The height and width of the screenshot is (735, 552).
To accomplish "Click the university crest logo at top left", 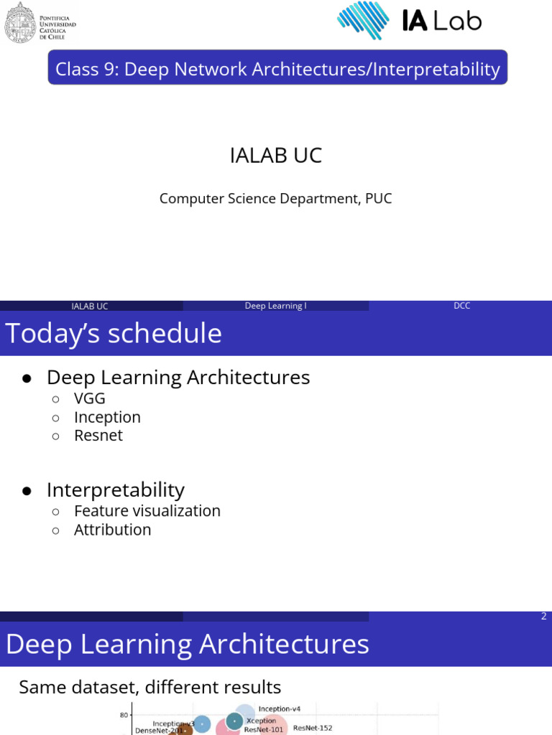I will point(19,22).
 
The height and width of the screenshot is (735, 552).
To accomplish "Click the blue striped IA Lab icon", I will point(363,21).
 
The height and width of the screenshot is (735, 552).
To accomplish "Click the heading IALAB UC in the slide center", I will point(275,155).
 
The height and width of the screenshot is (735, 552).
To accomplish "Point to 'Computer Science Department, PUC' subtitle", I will point(275,198).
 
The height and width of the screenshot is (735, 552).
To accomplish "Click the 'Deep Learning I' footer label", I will point(275,306).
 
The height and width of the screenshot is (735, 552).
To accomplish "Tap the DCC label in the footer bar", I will point(461,306).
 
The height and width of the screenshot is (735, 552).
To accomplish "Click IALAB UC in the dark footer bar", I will point(90,306).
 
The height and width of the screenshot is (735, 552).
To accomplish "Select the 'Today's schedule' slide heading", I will point(114,334).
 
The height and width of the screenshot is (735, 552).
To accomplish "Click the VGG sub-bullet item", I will point(90,398).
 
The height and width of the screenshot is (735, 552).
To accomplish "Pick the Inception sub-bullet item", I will point(107,417).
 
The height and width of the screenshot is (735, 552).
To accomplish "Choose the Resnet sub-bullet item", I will point(98,436).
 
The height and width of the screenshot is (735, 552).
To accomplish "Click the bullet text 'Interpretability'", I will point(116,490).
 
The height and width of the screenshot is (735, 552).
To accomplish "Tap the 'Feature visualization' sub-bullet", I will point(147,511).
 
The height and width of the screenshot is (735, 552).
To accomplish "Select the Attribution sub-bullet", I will point(113,530).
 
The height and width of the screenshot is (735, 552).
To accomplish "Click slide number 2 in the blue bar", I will point(543,616).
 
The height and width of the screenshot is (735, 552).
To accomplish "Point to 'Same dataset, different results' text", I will point(149,687).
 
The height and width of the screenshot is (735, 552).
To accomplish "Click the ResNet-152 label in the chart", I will point(313,728).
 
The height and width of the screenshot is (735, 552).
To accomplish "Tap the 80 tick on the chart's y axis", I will point(124,715).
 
